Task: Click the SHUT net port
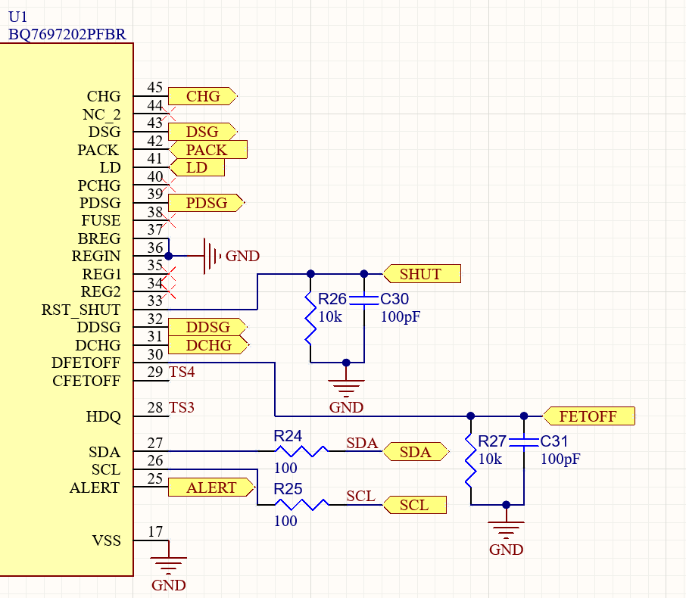[422, 274]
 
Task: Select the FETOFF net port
[588, 416]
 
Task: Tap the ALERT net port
[212, 487]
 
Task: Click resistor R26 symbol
[310, 318]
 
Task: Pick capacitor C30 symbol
[364, 300]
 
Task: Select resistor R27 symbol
[470, 461]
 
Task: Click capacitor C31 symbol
[524, 442]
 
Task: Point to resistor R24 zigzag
[301, 451]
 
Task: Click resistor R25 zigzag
[301, 505]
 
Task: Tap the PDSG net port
[207, 203]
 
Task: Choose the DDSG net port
[207, 327]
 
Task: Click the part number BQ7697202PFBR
[67, 34]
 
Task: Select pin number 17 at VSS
[155, 531]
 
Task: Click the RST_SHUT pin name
[81, 310]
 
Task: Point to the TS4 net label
[182, 372]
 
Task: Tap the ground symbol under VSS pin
[168, 565]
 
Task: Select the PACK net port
[208, 150]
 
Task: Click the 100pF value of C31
[560, 459]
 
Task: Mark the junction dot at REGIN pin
[168, 256]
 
